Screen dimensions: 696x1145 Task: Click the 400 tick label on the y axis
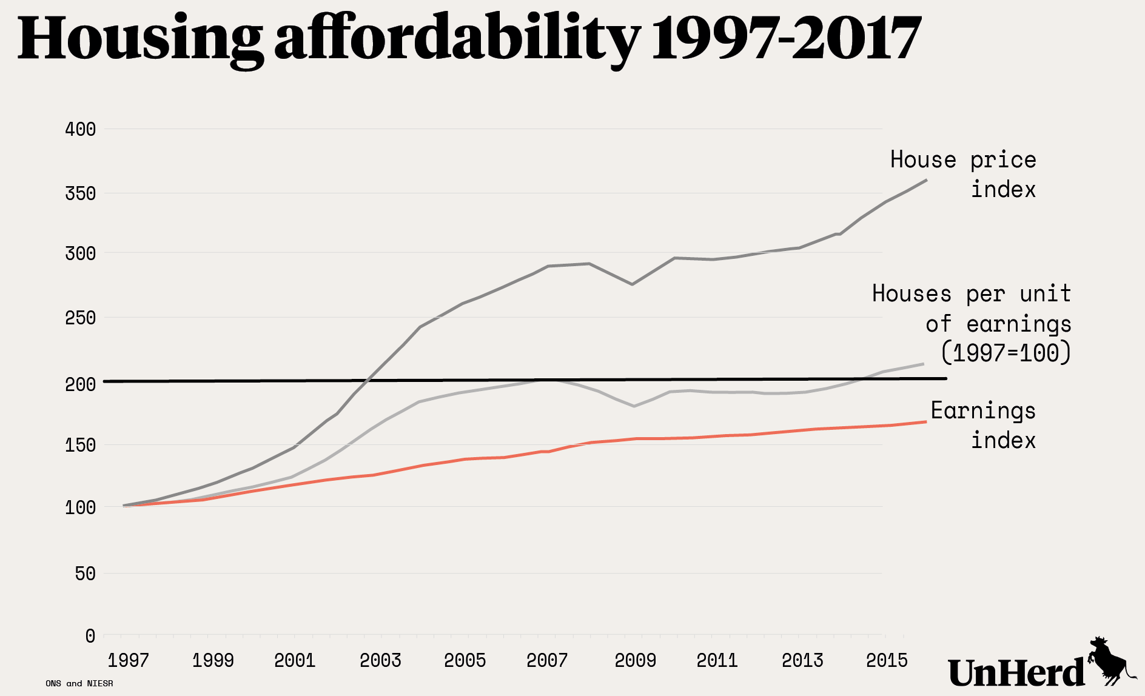click(80, 129)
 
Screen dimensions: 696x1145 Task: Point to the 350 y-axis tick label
click(80, 193)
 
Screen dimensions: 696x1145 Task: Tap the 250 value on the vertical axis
click(80, 318)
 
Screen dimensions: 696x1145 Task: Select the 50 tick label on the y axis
click(86, 574)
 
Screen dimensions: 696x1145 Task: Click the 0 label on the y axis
click(90, 636)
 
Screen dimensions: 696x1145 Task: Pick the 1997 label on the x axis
click(128, 660)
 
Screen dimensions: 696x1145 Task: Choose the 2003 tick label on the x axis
click(380, 660)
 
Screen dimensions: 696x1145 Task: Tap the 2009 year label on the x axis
click(635, 660)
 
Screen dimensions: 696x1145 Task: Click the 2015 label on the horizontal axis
click(887, 660)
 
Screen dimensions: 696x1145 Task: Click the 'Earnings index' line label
click(983, 426)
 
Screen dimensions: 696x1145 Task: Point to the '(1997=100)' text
click(1006, 353)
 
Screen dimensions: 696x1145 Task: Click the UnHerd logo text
click(1016, 673)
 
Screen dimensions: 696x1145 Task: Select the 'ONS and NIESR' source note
click(79, 683)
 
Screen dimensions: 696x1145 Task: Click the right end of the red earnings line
click(925, 421)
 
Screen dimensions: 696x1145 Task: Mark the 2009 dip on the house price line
click(633, 284)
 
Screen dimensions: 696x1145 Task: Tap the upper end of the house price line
click(926, 180)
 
